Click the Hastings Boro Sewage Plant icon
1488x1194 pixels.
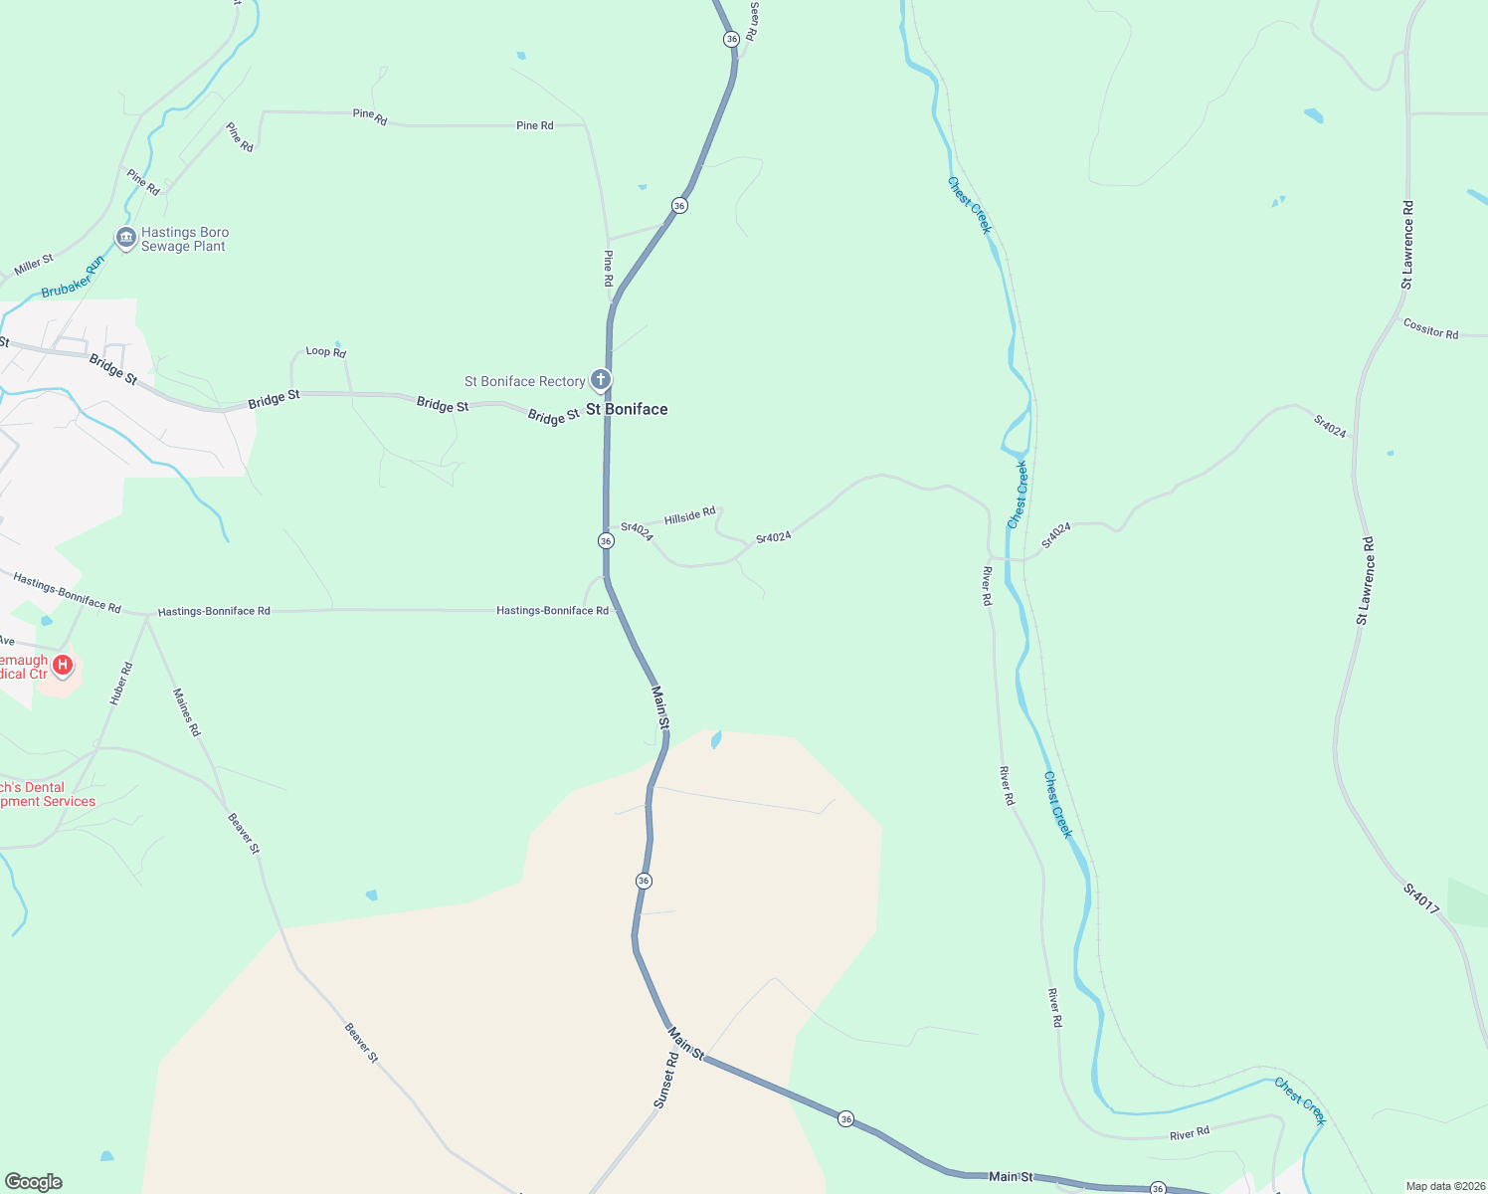[125, 238]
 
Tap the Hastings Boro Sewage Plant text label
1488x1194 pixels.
[184, 239]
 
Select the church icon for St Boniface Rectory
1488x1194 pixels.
[601, 379]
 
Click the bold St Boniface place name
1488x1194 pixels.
[627, 409]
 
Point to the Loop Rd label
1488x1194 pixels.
[325, 351]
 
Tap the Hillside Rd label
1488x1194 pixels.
[689, 515]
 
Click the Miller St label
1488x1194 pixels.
[34, 265]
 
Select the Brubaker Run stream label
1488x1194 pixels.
[73, 278]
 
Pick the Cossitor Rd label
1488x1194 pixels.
[1430, 328]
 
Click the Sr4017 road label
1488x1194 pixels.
[1421, 897]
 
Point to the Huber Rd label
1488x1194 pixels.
[120, 684]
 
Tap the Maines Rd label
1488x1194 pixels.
[187, 711]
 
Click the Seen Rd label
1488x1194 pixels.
[753, 21]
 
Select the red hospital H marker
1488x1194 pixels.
[63, 664]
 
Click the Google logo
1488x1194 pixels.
[34, 1181]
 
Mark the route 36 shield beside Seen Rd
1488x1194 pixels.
[731, 39]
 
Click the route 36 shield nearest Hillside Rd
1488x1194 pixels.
[606, 540]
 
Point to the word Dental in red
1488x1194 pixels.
[44, 787]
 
